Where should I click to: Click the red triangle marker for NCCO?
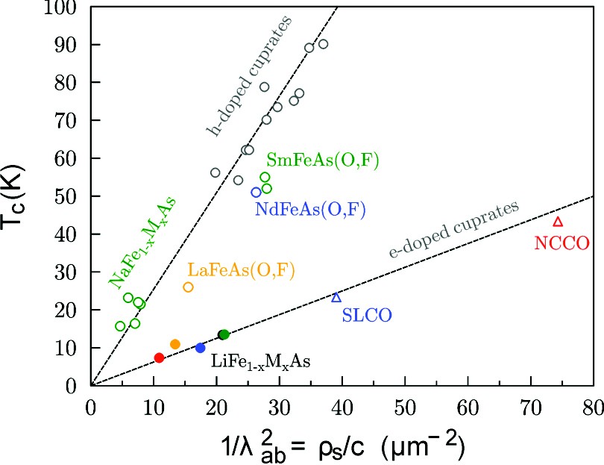coord(558,222)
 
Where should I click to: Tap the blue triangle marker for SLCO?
coord(336,297)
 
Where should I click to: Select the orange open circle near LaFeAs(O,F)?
coord(188,287)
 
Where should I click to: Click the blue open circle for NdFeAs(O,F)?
coord(256,193)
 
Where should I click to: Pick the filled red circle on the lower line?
coord(159,358)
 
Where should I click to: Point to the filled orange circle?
coord(175,344)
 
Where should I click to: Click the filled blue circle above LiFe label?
coord(200,348)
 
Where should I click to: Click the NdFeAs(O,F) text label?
coord(310,210)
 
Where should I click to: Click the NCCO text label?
coord(562,243)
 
